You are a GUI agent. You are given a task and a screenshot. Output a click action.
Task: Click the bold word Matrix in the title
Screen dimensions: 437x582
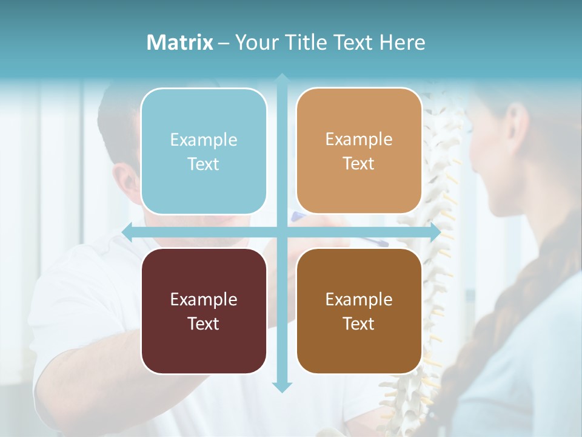click(x=179, y=42)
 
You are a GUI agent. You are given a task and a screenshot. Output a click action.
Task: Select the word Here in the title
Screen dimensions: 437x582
click(x=403, y=42)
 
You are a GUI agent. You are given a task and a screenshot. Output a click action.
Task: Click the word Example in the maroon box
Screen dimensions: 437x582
click(x=204, y=299)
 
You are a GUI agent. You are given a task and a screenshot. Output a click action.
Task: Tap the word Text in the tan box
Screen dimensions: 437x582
click(x=359, y=164)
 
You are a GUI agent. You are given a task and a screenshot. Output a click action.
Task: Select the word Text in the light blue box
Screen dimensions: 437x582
click(x=204, y=164)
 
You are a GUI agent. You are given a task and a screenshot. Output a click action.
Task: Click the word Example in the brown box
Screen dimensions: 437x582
click(x=359, y=299)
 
